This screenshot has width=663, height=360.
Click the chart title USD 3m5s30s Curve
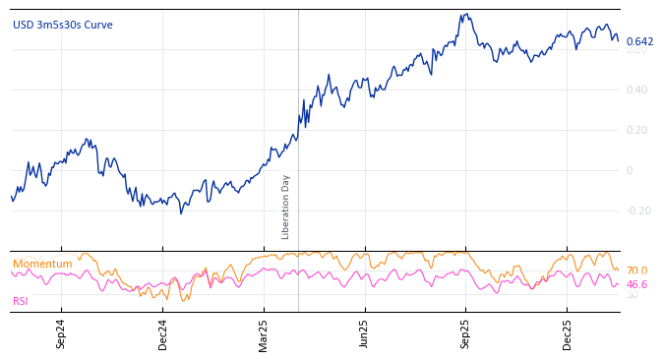tap(63, 26)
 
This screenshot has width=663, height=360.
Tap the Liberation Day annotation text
tap(286, 207)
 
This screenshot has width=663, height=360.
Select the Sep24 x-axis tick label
tap(61, 333)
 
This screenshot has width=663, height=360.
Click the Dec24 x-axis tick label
tap(163, 333)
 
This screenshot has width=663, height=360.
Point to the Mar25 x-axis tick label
tap(264, 333)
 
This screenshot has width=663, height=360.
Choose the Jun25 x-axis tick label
tap(365, 333)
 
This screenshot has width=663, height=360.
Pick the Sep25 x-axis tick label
tap(466, 333)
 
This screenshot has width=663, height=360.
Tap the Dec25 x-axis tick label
tap(568, 333)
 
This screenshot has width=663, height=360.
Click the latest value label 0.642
tap(639, 42)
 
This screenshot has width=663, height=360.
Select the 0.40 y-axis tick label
tap(637, 90)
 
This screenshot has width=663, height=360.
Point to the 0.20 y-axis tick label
tap(637, 131)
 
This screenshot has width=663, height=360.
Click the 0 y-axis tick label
tap(631, 171)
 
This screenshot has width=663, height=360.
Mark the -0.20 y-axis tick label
tap(638, 211)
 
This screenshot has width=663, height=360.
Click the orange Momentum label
tap(42, 265)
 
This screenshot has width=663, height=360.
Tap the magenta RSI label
tap(21, 302)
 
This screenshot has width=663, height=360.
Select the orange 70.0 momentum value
tap(637, 271)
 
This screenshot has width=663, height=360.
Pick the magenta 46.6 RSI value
tap(637, 285)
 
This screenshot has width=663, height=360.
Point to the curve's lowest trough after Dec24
tap(180, 212)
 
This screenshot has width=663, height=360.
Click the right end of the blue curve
tap(618, 40)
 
